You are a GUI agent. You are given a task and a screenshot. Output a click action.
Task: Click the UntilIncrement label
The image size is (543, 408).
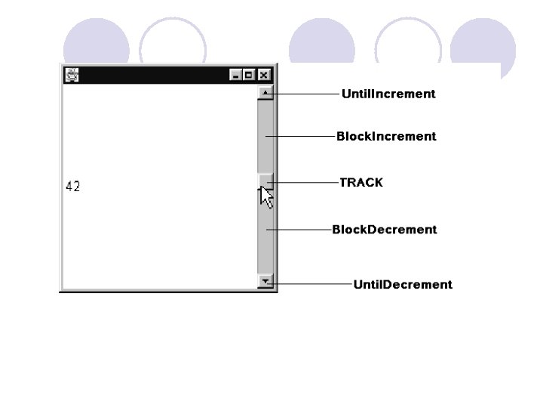point(388,94)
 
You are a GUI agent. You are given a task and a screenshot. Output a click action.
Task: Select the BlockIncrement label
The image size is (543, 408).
point(386,137)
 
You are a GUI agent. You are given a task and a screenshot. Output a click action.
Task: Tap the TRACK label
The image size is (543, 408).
point(361,183)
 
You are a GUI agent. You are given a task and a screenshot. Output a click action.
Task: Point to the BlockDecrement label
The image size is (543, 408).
point(385,230)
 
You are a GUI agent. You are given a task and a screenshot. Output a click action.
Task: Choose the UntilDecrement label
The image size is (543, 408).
point(403,285)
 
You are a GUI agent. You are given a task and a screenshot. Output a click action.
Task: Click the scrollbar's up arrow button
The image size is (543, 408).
point(265,93)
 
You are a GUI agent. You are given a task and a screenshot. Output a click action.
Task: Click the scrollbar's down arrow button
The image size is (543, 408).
point(265,282)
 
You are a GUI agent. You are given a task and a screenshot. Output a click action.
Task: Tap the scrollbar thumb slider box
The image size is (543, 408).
point(265,180)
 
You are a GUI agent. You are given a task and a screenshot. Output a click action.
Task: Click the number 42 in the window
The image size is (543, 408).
point(73,187)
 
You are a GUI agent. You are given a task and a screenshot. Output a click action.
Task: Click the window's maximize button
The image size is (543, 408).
point(250,75)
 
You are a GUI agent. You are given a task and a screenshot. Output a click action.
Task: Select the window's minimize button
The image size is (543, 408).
point(236,75)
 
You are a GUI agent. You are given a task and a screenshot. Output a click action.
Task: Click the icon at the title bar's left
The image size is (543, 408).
point(72,75)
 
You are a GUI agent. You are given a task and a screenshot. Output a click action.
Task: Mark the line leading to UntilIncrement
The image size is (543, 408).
point(305,94)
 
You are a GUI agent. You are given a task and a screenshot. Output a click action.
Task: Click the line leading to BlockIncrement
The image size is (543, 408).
point(302,137)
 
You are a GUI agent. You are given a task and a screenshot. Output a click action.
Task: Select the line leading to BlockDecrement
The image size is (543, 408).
point(300,230)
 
